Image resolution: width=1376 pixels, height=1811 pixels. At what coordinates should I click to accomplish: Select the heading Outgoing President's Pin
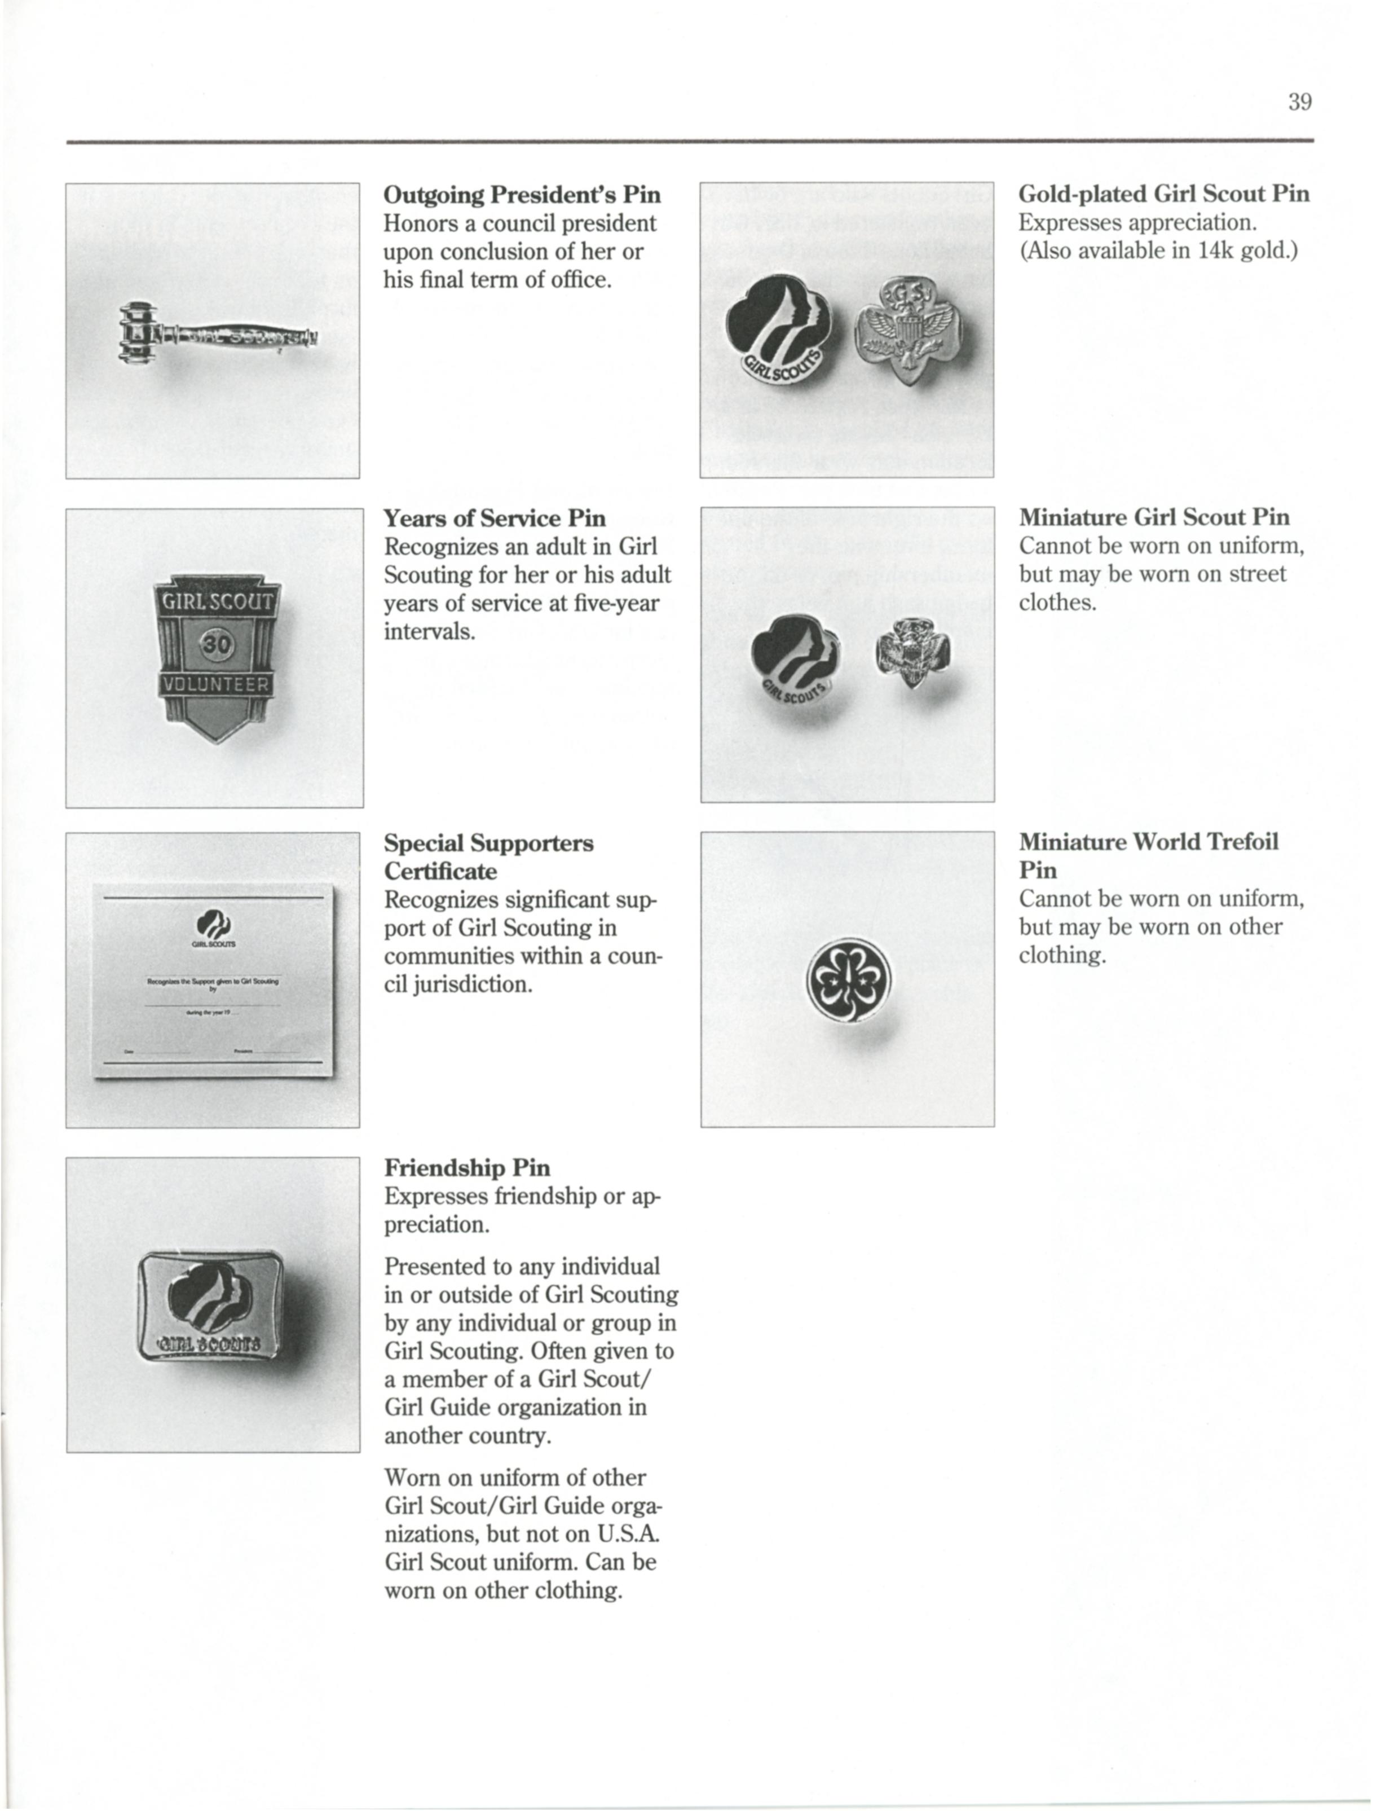coord(522,195)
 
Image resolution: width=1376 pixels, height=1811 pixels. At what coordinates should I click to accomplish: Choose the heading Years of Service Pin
coord(495,518)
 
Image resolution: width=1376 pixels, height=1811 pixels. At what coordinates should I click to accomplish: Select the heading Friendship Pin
coord(467,1168)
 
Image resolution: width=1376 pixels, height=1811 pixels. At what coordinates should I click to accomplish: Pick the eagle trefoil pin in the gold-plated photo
coord(907,330)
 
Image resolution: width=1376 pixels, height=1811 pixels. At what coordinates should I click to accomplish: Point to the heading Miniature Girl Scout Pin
coord(1154,518)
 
